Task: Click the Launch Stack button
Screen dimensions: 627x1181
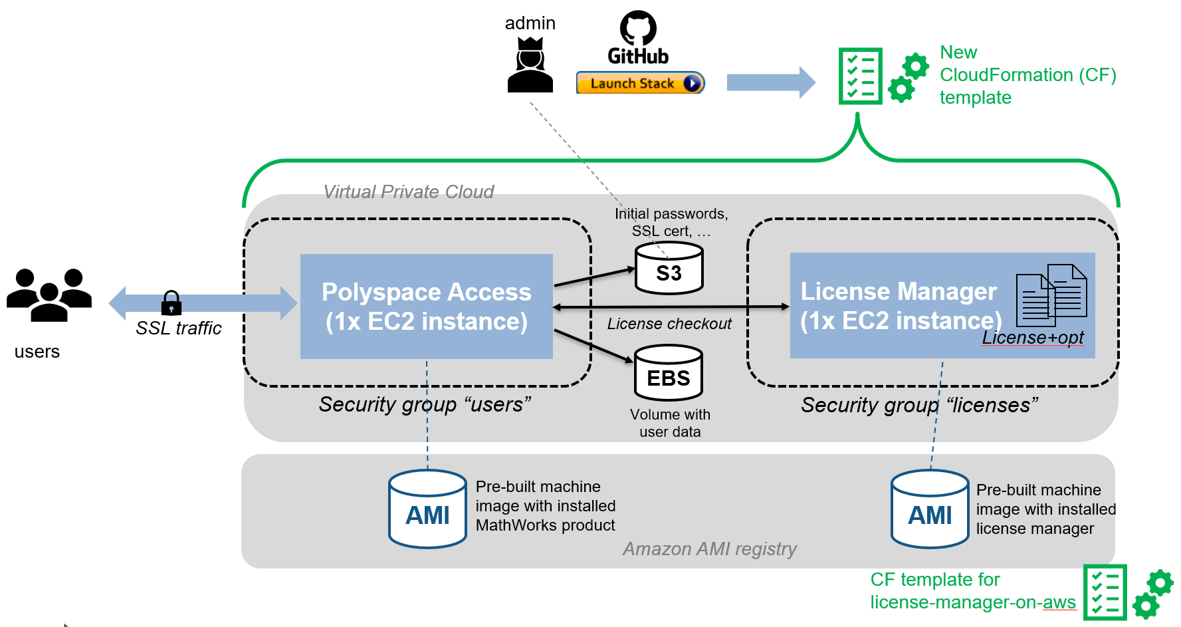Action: pyautogui.click(x=639, y=83)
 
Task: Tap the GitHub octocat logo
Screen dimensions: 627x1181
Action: pyautogui.click(x=638, y=28)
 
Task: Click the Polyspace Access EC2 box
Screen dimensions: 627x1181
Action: pyautogui.click(x=426, y=307)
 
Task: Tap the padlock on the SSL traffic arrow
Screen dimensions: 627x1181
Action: pyautogui.click(x=171, y=303)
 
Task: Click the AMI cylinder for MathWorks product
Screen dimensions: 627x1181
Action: pyautogui.click(x=427, y=509)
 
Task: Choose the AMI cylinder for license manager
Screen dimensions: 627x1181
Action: pyautogui.click(x=930, y=509)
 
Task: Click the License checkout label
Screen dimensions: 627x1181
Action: pyautogui.click(x=669, y=324)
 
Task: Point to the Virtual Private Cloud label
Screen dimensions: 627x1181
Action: pyautogui.click(x=408, y=192)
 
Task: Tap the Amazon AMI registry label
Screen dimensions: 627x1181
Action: pyautogui.click(x=709, y=549)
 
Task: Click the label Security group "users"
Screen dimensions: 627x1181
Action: pyautogui.click(x=425, y=404)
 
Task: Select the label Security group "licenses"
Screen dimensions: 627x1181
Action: pyautogui.click(x=919, y=405)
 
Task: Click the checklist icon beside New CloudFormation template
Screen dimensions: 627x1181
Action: pyautogui.click(x=861, y=76)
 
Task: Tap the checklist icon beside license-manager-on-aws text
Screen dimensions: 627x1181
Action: pyautogui.click(x=1105, y=592)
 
